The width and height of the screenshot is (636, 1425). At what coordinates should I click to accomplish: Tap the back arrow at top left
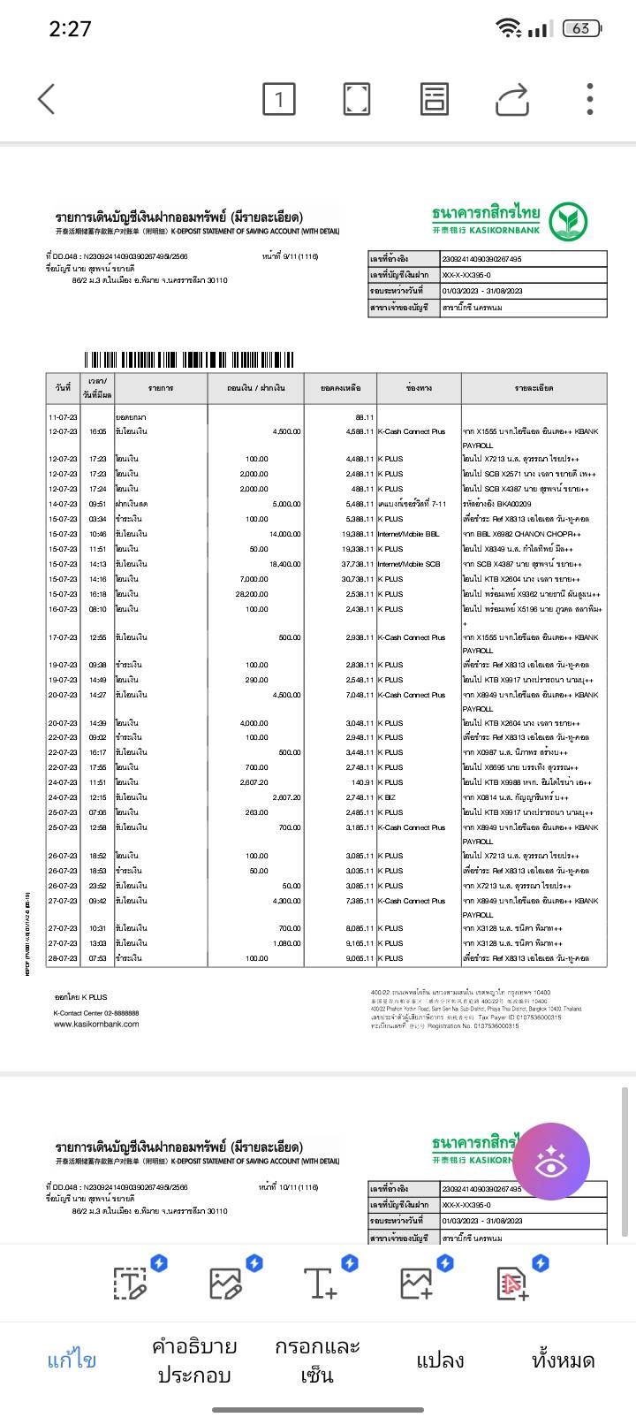pyautogui.click(x=47, y=99)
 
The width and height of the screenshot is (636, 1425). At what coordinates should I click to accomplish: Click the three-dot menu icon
pyautogui.click(x=590, y=99)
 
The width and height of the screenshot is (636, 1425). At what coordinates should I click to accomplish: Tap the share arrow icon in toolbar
pyautogui.click(x=511, y=99)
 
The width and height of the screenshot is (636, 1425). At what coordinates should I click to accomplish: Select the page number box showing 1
pyautogui.click(x=279, y=99)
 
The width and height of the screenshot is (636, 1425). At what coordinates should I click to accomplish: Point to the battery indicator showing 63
pyautogui.click(x=581, y=29)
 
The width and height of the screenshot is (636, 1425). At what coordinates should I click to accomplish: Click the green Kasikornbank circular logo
pyautogui.click(x=569, y=222)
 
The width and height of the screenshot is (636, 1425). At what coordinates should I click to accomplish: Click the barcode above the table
pyautogui.click(x=189, y=360)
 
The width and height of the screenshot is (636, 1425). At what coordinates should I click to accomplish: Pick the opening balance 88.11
pyautogui.click(x=364, y=417)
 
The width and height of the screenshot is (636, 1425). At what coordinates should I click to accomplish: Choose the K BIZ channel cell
pyautogui.click(x=387, y=797)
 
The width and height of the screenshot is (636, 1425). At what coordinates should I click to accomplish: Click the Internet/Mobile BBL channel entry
pyautogui.click(x=408, y=534)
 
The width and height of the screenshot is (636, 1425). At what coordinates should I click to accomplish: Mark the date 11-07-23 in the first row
pyautogui.click(x=63, y=417)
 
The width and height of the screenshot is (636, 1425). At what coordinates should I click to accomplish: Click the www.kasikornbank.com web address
pyautogui.click(x=96, y=1024)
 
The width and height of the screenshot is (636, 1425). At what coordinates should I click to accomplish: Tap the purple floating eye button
pyautogui.click(x=551, y=1162)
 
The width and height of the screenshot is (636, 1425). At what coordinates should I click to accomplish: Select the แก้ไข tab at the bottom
pyautogui.click(x=72, y=1360)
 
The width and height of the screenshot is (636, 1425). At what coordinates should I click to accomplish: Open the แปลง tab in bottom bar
pyautogui.click(x=440, y=1360)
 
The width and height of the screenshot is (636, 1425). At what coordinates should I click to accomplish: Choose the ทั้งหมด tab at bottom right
pyautogui.click(x=563, y=1360)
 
